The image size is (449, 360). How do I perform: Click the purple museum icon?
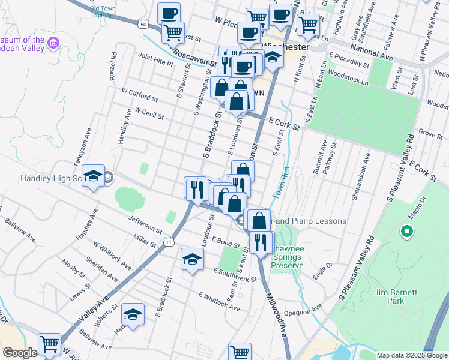(x=54, y=43)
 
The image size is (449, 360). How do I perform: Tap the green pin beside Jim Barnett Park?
(x=406, y=231)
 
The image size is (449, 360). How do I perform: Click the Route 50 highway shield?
(x=142, y=24)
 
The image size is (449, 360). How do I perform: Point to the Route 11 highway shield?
(x=170, y=241)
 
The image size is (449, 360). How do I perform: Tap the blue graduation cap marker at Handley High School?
(x=93, y=176)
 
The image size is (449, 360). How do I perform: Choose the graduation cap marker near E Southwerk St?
(x=192, y=260)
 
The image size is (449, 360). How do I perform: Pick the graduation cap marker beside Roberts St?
(x=133, y=314)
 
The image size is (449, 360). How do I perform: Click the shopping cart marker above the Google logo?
(x=49, y=344)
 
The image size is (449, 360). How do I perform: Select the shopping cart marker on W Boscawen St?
(x=173, y=31)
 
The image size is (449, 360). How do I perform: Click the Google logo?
(x=19, y=353)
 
